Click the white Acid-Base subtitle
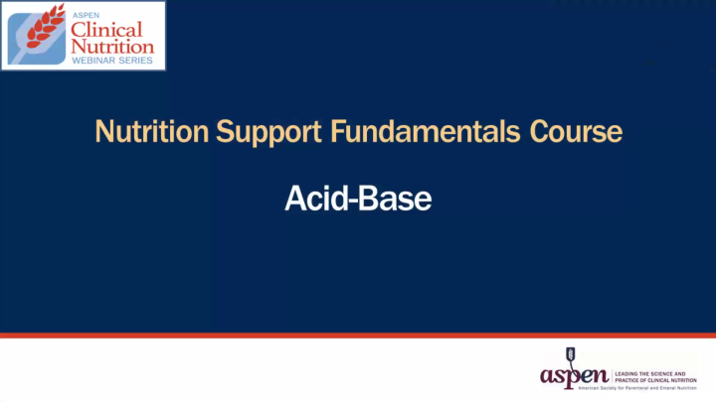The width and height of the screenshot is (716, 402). [x=358, y=199]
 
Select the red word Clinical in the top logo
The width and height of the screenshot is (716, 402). [x=111, y=29]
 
